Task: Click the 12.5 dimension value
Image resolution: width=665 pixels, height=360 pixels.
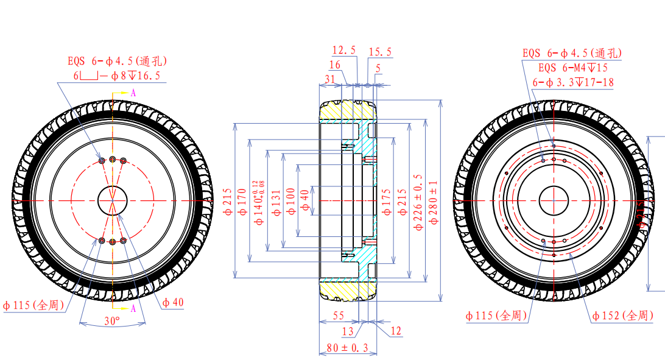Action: point(344,51)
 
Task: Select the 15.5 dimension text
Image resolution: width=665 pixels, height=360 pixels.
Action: point(380,52)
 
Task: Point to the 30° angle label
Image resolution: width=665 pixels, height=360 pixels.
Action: point(111,320)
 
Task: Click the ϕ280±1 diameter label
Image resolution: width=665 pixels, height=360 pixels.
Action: point(434,202)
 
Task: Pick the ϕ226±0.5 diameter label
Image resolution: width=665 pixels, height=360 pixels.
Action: point(418,202)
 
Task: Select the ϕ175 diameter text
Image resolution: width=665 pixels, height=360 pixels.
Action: point(386,202)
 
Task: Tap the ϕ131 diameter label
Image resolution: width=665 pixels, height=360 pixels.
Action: point(276,202)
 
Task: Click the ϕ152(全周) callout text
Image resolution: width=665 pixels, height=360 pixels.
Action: point(622,316)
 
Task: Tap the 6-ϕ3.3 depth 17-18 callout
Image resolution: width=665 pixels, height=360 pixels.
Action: point(572,82)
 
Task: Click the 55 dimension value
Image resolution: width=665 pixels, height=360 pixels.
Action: point(339,316)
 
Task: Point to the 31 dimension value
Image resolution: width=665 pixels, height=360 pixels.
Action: point(330,79)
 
